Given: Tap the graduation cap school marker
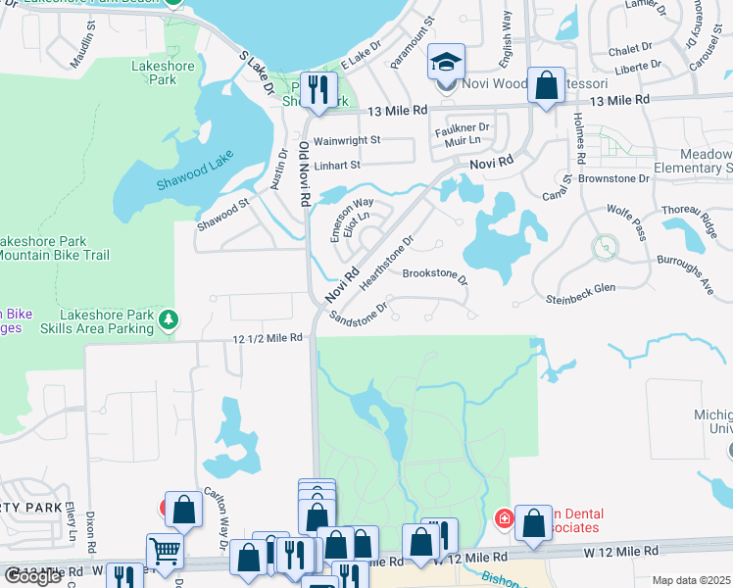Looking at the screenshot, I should [x=446, y=65].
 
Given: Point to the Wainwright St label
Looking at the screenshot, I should [x=346, y=140].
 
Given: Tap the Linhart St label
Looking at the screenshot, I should [x=337, y=165].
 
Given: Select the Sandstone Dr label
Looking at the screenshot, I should [x=360, y=312].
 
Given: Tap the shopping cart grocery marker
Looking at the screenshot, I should [x=164, y=552].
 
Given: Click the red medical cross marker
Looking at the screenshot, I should [x=505, y=516].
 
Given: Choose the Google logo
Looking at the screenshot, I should [x=32, y=576].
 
